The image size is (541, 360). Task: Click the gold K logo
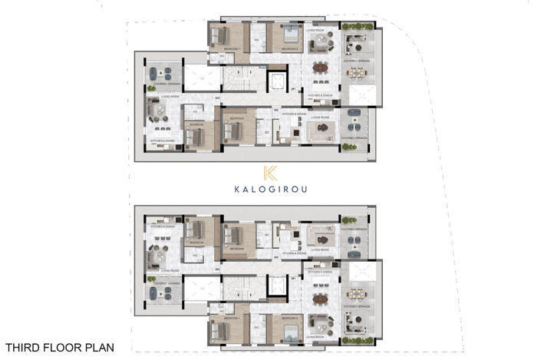click(269, 173)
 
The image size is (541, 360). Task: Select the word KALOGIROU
click(269, 190)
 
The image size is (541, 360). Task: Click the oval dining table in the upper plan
click(320, 68)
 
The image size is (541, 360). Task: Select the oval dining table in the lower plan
click(320, 297)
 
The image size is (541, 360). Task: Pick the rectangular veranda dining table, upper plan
click(356, 73)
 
